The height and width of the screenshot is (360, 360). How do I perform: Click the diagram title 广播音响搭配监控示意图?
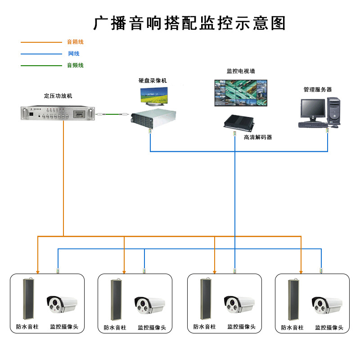tap(189, 23)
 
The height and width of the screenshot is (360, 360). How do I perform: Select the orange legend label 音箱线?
tap(75, 42)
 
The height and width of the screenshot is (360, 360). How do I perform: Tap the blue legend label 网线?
tap(73, 54)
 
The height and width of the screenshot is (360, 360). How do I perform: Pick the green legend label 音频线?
tap(75, 65)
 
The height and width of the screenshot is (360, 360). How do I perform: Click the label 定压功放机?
tap(58, 96)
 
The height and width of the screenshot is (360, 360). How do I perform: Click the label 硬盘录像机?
tap(153, 81)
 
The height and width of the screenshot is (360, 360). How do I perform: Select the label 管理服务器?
tap(317, 90)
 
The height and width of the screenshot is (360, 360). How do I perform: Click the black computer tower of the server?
tap(334, 112)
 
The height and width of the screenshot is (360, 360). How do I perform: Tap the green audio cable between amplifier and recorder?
tap(112, 115)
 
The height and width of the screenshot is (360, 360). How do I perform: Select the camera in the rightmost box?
tap(324, 305)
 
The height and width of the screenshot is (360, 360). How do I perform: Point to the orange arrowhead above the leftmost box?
tap(38, 271)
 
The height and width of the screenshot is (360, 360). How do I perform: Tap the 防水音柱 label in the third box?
tap(205, 327)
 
